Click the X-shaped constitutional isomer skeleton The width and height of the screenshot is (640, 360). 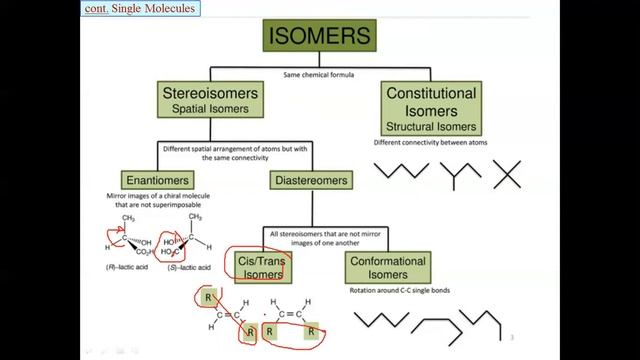click(x=508, y=174)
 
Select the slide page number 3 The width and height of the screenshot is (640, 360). click(x=512, y=337)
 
